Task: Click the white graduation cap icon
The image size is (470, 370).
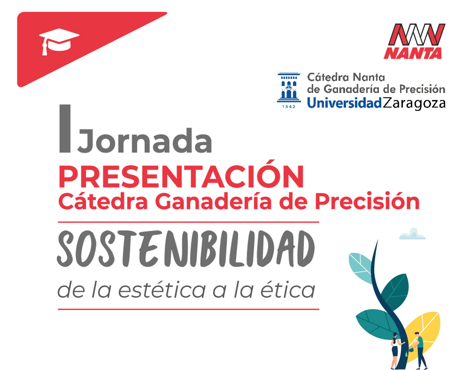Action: coord(59,41)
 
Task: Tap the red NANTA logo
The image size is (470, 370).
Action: coord(415,41)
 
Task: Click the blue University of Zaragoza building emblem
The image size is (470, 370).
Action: coord(289,87)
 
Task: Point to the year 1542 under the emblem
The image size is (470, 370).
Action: coord(289,106)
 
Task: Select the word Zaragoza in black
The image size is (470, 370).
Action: coord(414,103)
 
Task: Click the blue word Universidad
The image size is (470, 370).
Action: coord(345,103)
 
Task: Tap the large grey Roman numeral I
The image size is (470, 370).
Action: coord(65,128)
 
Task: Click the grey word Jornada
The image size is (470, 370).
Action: coord(145,140)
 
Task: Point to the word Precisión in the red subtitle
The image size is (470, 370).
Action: coord(367,201)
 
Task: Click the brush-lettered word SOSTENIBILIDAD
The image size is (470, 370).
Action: coord(186,249)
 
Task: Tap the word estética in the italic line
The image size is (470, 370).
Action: coord(162,290)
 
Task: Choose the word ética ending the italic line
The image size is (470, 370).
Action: coord(288,290)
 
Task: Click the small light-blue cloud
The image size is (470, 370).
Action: coord(413,234)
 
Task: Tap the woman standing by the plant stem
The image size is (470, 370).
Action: coord(396,351)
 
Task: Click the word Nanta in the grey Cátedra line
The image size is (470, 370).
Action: coord(368,78)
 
